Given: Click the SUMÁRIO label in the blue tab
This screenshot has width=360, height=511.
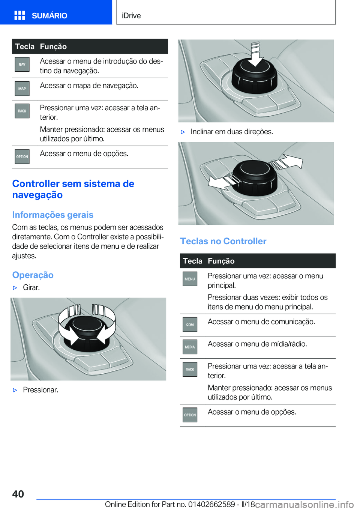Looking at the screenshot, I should click(x=49, y=15).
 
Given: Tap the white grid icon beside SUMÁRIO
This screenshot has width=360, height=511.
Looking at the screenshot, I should click(x=19, y=15).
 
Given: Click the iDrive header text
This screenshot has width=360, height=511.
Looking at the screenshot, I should click(x=131, y=15).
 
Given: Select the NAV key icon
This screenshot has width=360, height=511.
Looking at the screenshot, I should click(x=22, y=65).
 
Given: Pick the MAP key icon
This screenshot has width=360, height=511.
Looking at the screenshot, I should click(x=22, y=89).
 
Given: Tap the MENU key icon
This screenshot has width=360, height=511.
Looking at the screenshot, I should click(x=190, y=279).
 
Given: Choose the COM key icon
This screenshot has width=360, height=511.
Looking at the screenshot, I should click(x=190, y=325).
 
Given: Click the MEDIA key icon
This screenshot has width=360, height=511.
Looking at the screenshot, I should click(x=190, y=347).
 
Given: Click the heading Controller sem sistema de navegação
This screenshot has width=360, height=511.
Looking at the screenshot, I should click(x=73, y=189).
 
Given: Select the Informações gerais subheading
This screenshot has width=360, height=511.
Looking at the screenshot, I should click(x=52, y=215).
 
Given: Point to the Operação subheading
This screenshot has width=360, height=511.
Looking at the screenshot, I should click(x=33, y=275).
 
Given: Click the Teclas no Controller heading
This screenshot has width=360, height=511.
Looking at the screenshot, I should click(x=223, y=241).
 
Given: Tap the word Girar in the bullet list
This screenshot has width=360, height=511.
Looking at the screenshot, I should click(x=31, y=287).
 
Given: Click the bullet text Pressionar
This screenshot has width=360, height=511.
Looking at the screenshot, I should click(x=40, y=390).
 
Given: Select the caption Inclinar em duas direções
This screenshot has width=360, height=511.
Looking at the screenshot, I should click(x=231, y=132).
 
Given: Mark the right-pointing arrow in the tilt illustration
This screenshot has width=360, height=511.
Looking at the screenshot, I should click(x=288, y=162).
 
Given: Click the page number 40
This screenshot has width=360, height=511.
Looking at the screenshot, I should click(x=18, y=494).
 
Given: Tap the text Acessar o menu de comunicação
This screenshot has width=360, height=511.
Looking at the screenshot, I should click(x=261, y=322).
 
